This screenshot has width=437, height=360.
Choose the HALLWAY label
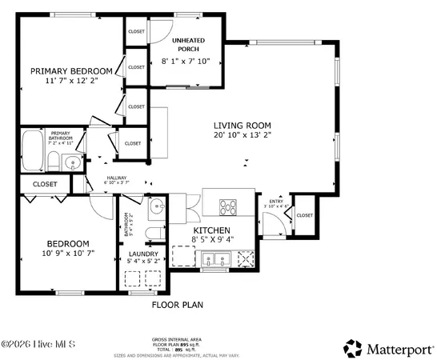pos(117,178)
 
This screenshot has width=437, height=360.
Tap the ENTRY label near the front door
pos(275,202)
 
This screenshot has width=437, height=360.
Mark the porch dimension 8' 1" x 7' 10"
pos(185,62)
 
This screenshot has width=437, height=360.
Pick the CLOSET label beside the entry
pos(305,215)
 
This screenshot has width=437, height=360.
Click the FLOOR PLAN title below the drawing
pos(178,305)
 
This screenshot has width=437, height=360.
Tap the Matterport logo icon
pos(353,347)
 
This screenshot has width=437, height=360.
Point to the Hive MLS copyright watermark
pos(38,345)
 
